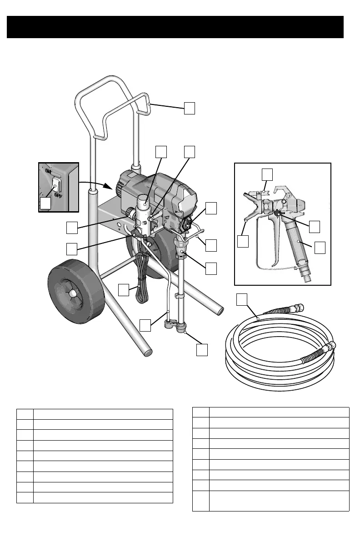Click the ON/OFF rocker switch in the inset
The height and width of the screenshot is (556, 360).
[57, 184]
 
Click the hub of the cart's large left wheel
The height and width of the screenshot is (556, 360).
[71, 294]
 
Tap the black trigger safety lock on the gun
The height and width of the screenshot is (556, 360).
[278, 212]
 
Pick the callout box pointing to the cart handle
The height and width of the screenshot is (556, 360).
[190, 108]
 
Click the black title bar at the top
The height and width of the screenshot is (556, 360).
[175, 27]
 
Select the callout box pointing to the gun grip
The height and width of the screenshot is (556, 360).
[320, 247]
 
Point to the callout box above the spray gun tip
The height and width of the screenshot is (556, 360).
[268, 174]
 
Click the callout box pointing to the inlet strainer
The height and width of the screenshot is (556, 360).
[202, 349]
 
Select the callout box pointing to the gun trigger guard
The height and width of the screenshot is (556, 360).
[243, 241]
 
